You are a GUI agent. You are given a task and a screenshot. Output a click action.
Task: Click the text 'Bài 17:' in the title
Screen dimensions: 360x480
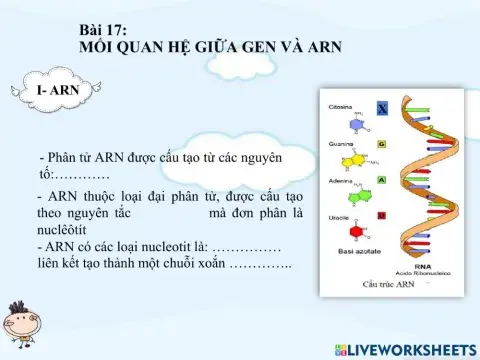point(101,33)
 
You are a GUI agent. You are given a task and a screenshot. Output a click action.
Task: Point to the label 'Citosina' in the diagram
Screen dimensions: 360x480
point(340,104)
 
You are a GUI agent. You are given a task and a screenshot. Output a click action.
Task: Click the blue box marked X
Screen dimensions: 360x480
point(382,108)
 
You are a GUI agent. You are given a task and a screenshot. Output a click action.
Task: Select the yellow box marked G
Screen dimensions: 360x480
point(382,144)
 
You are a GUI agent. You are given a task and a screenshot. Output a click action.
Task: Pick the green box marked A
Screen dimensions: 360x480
point(382,179)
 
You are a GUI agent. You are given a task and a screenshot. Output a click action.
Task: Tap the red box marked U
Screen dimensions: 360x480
point(382,215)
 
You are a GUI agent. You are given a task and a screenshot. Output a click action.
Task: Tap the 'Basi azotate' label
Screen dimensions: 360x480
point(348,254)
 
